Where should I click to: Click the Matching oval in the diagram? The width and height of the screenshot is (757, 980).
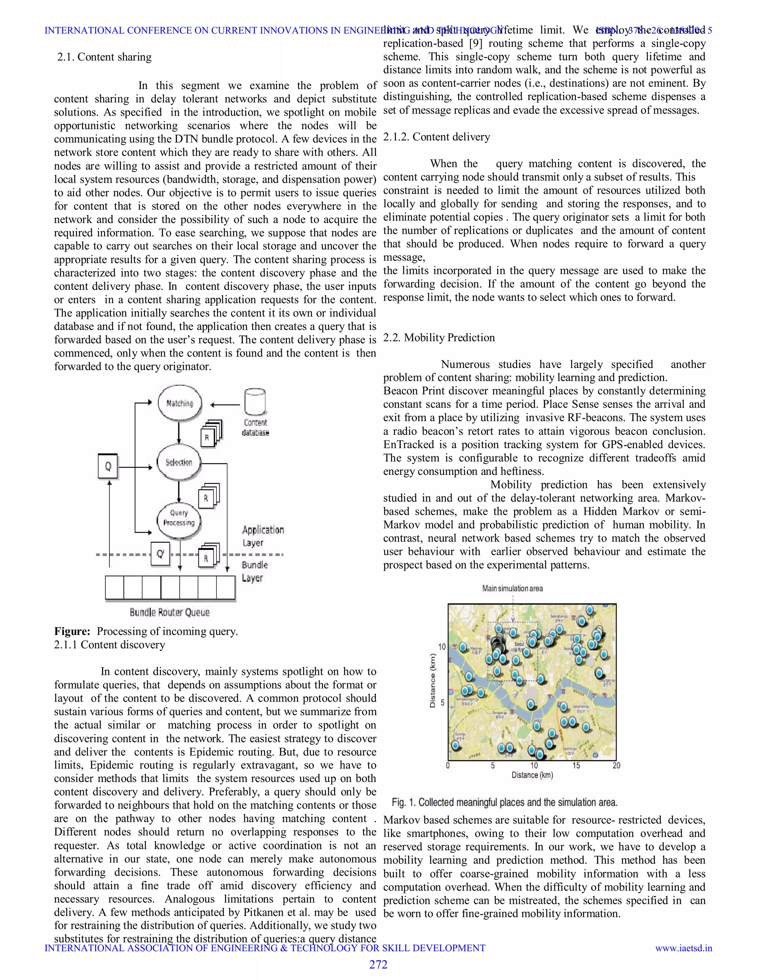tap(179, 403)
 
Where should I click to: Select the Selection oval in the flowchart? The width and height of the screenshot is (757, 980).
tap(179, 462)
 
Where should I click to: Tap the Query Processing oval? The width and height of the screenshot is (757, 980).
tap(179, 518)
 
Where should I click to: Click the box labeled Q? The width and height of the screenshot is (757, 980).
tap(108, 466)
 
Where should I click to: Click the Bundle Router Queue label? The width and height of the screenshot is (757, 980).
tap(170, 612)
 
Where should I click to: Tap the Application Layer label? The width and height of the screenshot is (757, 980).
tap(263, 536)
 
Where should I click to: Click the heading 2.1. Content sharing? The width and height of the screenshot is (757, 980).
tap(105, 57)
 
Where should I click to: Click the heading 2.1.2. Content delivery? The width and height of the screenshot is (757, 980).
tap(437, 137)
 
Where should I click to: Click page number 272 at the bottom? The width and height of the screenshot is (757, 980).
tap(378, 964)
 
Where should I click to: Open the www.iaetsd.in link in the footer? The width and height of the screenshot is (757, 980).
tap(683, 948)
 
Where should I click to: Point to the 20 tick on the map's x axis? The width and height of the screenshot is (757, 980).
tap(616, 766)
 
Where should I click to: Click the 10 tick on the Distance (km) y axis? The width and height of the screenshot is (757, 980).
tap(442, 646)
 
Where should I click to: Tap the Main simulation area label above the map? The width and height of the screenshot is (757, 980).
tap(512, 588)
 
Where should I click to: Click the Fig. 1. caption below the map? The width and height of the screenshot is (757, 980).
tap(505, 802)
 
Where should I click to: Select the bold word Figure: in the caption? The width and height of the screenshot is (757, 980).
tap(72, 631)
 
